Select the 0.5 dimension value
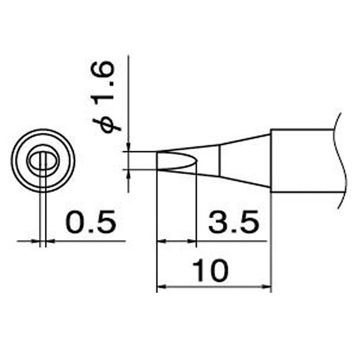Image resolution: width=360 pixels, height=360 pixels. pyautogui.click(x=91, y=221)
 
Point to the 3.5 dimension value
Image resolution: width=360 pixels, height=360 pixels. pyautogui.click(x=234, y=221)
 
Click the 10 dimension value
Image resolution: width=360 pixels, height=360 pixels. pyautogui.click(x=211, y=271)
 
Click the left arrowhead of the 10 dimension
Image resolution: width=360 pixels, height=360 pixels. pyautogui.click(x=161, y=287)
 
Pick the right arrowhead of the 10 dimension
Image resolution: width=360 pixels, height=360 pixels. pyautogui.click(x=267, y=287)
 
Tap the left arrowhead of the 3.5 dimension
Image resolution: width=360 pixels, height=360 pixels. pyautogui.click(x=161, y=241)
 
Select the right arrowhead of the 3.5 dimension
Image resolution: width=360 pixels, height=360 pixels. pyautogui.click(x=192, y=241)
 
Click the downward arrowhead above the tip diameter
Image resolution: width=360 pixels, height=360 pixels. pyautogui.click(x=128, y=147)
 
